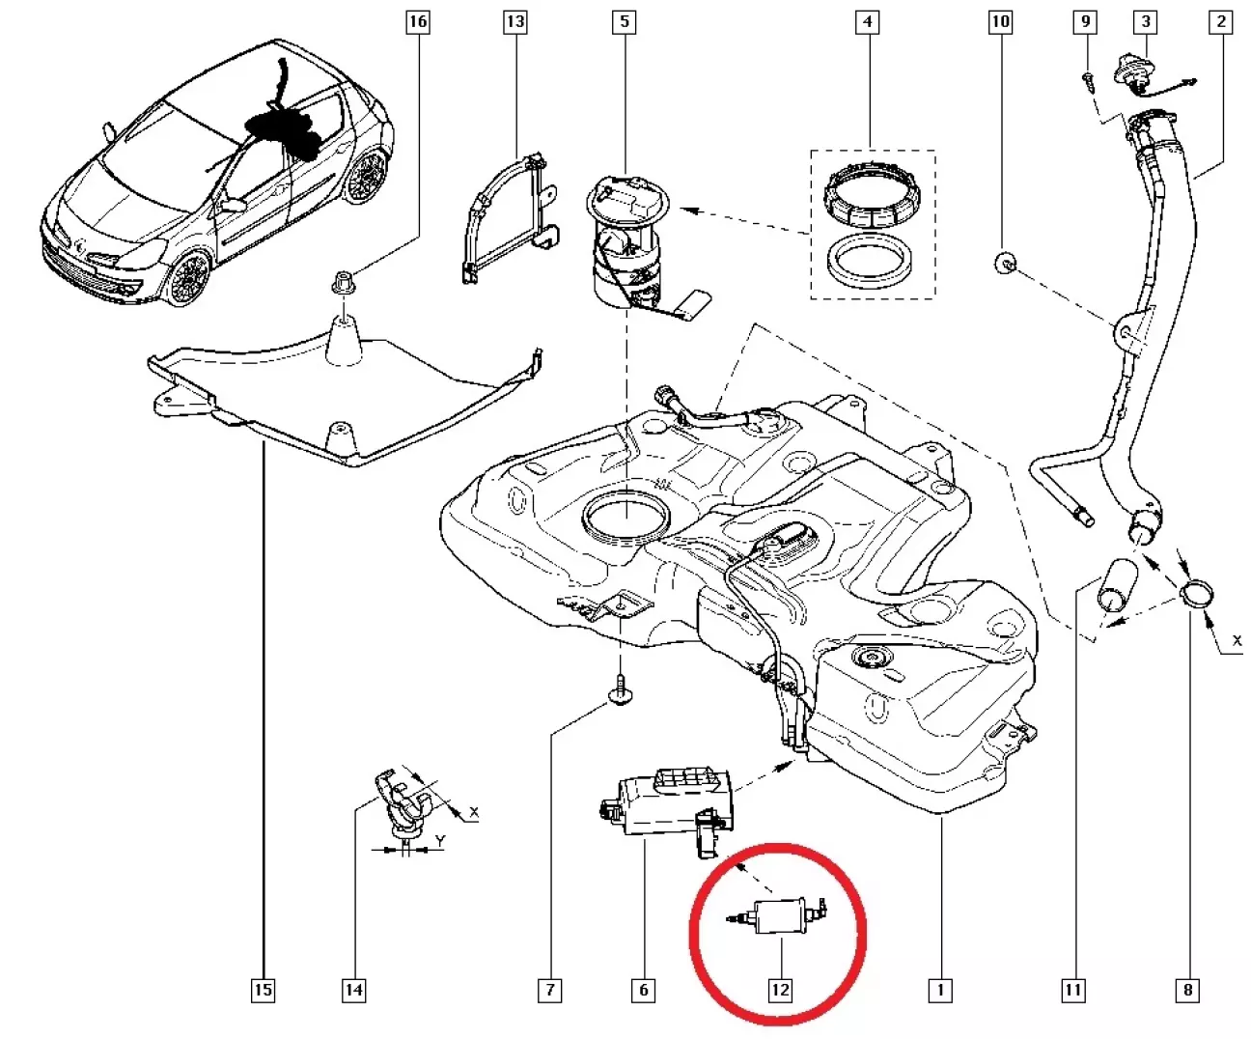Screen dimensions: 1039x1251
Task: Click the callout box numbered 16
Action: click(417, 21)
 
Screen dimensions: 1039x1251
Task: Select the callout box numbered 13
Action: click(515, 21)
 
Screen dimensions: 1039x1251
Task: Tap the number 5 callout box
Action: click(625, 21)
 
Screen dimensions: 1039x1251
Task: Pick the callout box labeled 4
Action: click(868, 21)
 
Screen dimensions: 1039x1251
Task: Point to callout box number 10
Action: click(1001, 21)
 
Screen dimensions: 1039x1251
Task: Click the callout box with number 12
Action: click(779, 989)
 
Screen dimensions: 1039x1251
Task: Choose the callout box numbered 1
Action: click(939, 989)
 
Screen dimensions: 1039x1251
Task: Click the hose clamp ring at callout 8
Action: click(1198, 596)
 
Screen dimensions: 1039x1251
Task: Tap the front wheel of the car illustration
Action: click(188, 279)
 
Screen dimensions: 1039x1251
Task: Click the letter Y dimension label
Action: click(439, 841)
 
